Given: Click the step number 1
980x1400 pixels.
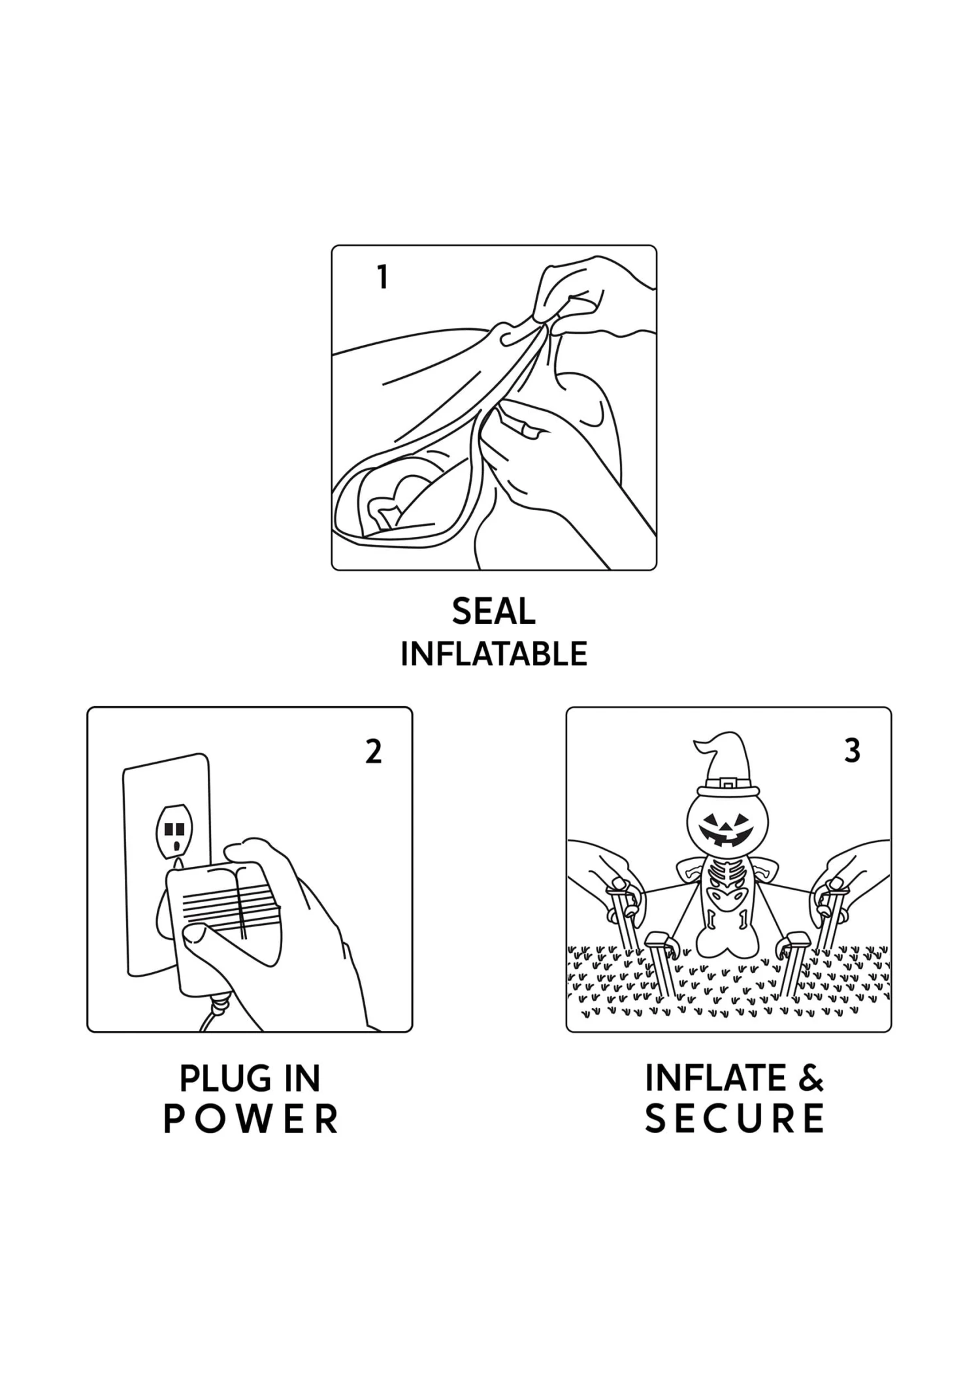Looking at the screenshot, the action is (x=383, y=277).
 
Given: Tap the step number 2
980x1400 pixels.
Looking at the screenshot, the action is (x=373, y=752).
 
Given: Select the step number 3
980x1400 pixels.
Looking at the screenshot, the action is (x=852, y=751).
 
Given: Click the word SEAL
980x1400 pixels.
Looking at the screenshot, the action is (x=493, y=611).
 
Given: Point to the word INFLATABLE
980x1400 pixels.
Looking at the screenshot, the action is (x=493, y=654).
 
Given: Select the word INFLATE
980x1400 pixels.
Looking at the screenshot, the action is (x=715, y=1078).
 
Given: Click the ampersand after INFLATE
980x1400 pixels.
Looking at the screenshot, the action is (x=811, y=1078).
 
